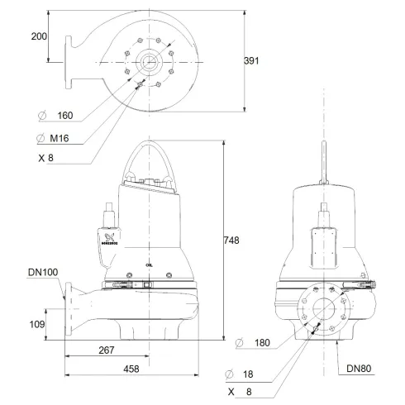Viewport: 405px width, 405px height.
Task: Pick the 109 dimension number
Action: pos(37,325)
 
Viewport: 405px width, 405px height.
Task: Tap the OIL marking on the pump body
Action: pos(147,264)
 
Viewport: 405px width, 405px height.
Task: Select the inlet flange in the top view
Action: pos(65,59)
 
